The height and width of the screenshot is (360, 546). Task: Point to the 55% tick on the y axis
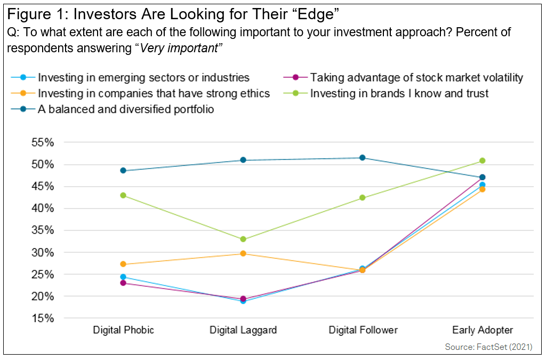42,142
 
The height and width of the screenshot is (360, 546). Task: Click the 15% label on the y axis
42,318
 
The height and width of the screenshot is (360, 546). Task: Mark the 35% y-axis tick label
42,230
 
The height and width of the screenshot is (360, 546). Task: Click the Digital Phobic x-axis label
123,330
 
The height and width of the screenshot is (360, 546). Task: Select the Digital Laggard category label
244,330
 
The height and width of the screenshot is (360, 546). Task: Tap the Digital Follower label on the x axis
363,330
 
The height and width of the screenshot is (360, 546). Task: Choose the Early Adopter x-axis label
483,330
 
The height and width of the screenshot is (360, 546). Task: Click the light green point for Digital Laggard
243,239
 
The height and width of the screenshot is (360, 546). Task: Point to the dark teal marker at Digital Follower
363,158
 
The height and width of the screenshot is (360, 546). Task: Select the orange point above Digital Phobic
123,264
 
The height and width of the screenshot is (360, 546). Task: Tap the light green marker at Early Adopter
483,161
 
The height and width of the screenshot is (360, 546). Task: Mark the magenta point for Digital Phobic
123,283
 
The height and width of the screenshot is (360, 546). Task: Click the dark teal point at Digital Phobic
123,171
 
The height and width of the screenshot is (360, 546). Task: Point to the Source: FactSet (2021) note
489,347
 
